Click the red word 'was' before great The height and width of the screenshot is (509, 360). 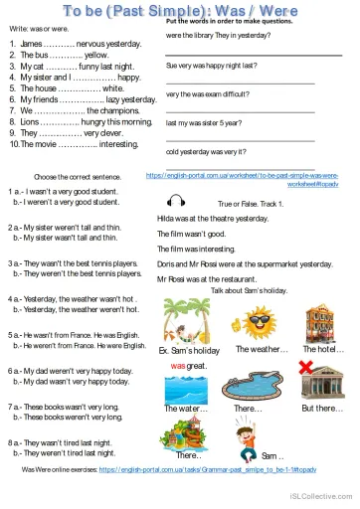click(x=179, y=365)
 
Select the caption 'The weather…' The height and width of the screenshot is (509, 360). click(x=262, y=350)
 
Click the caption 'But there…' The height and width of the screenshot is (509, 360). click(x=321, y=409)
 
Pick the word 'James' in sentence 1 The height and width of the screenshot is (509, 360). click(x=31, y=45)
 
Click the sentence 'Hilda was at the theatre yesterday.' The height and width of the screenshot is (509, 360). click(x=212, y=218)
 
